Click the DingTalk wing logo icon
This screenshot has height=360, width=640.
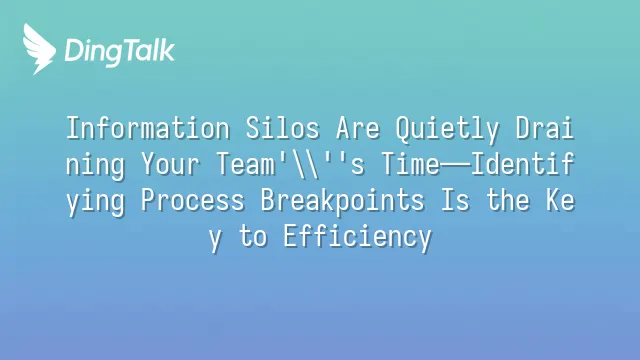pyautogui.click(x=39, y=49)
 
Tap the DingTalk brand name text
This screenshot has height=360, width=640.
pyautogui.click(x=120, y=51)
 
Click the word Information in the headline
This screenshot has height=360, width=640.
pyautogui.click(x=148, y=128)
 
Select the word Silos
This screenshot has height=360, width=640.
pyautogui.click(x=282, y=128)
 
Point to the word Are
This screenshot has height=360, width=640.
pyautogui.click(x=358, y=128)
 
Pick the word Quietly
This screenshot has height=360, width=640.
pyautogui.click(x=447, y=130)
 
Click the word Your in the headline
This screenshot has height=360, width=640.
pyautogui.click(x=171, y=164)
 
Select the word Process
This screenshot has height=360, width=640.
pyautogui.click(x=193, y=200)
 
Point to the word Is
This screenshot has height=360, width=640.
pyautogui.click(x=455, y=200)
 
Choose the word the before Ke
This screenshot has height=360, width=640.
pyautogui.click(x=508, y=200)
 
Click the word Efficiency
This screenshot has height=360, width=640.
pyautogui.click(x=358, y=238)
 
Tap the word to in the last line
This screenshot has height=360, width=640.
pyautogui.click(x=253, y=237)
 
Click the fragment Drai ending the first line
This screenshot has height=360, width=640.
pyautogui.click(x=545, y=128)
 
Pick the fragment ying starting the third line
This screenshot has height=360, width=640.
pyautogui.click(x=96, y=202)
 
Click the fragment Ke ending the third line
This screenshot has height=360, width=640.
pyautogui.click(x=560, y=200)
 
